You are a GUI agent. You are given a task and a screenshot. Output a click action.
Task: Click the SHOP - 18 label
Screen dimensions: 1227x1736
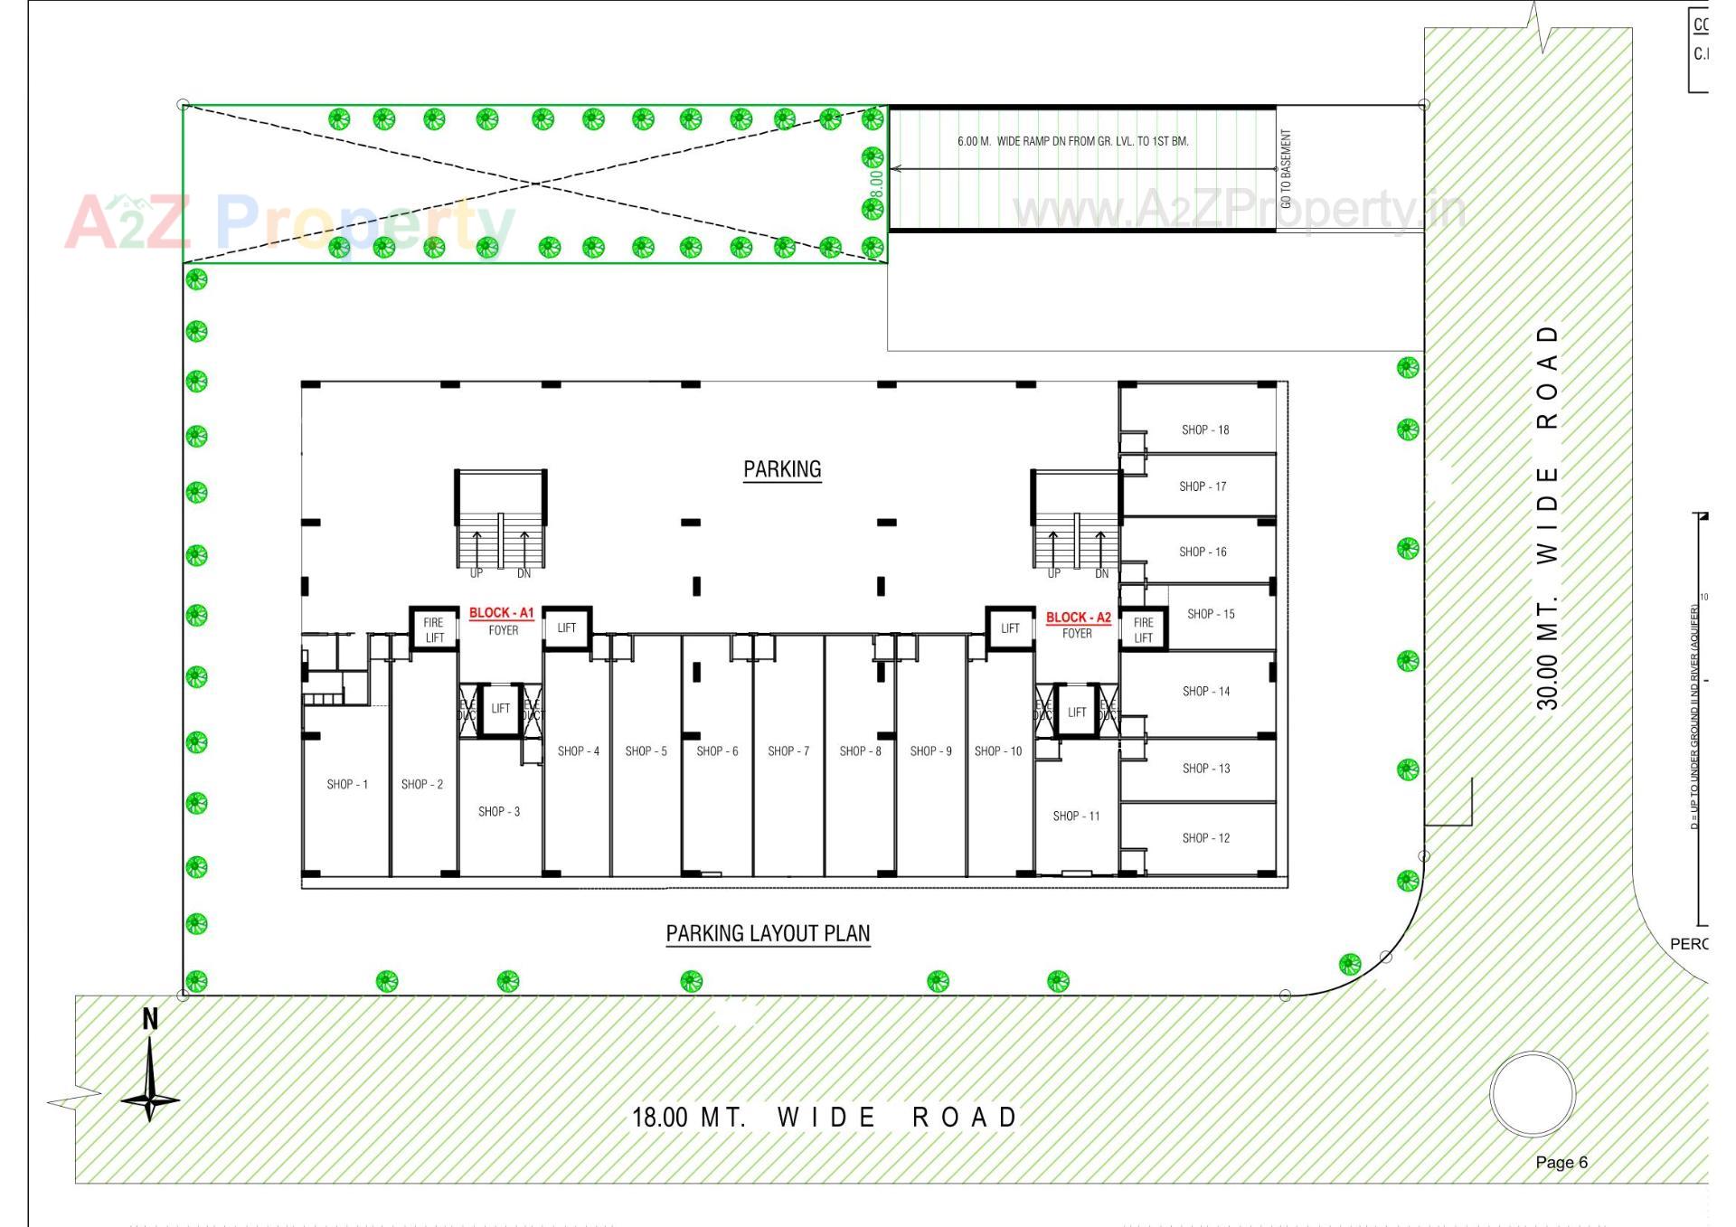pyautogui.click(x=1205, y=429)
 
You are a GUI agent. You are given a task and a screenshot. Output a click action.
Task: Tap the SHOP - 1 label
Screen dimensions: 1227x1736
pyautogui.click(x=347, y=784)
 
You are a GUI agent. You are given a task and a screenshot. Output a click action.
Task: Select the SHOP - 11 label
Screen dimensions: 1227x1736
pyautogui.click(x=1076, y=816)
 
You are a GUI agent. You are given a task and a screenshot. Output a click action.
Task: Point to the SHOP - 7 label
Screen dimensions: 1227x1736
pyautogui.click(x=788, y=750)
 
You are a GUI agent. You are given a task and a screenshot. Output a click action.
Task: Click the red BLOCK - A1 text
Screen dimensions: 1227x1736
pyautogui.click(x=501, y=613)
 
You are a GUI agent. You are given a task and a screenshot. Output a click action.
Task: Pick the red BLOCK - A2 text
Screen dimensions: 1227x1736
pyautogui.click(x=1078, y=618)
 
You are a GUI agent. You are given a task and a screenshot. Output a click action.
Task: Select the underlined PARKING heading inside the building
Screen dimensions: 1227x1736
pyautogui.click(x=782, y=469)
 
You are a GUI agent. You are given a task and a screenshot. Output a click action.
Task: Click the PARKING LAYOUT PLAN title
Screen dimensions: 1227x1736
pyautogui.click(x=768, y=933)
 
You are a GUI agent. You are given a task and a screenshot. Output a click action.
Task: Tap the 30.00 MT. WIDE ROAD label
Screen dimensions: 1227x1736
pyautogui.click(x=1548, y=517)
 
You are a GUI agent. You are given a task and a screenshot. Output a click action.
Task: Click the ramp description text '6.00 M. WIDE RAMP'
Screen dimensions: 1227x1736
pyautogui.click(x=1072, y=141)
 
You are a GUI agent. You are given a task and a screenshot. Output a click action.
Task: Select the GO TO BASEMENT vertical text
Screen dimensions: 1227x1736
pyautogui.click(x=1287, y=169)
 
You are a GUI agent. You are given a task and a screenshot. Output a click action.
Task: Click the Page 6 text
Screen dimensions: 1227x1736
pyautogui.click(x=1561, y=1163)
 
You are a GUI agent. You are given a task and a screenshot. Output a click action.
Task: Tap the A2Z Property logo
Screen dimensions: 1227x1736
pyautogui.click(x=289, y=222)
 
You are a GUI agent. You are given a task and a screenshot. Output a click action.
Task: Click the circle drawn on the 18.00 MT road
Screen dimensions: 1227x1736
pyautogui.click(x=1533, y=1094)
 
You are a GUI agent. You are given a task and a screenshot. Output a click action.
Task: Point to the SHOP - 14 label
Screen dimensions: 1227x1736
pyautogui.click(x=1206, y=691)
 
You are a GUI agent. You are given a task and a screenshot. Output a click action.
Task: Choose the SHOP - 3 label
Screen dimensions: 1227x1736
pyautogui.click(x=499, y=811)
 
